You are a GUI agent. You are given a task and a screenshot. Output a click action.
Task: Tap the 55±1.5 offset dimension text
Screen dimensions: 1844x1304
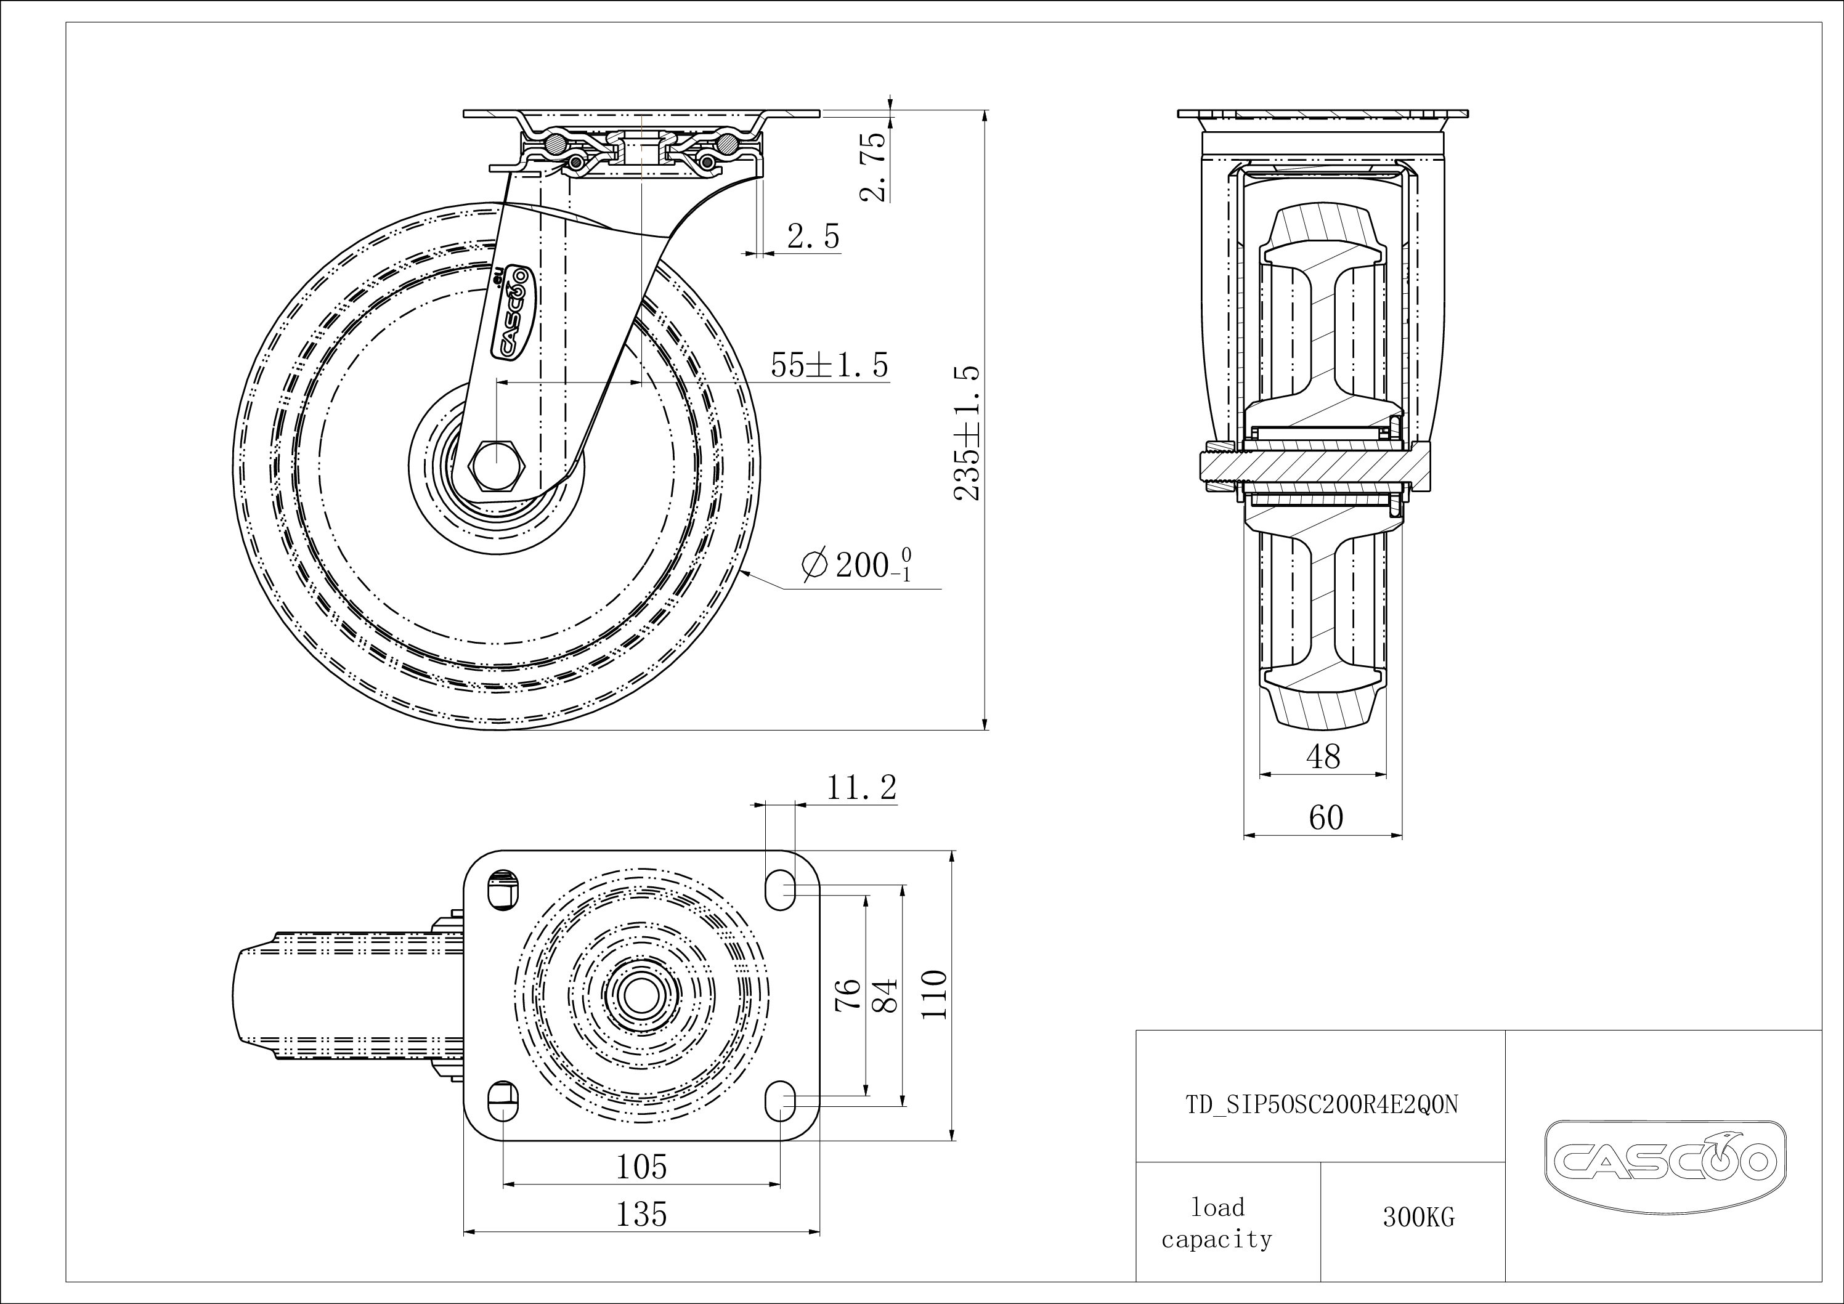(x=830, y=365)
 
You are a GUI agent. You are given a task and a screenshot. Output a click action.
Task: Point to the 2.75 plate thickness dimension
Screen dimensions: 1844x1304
(x=873, y=166)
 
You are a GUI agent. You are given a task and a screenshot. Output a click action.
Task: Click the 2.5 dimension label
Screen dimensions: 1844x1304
(x=813, y=237)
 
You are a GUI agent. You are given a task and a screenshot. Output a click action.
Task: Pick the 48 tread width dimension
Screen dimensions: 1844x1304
(x=1323, y=756)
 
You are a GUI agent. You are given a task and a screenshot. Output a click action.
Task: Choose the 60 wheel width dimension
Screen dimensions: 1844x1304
(x=1325, y=817)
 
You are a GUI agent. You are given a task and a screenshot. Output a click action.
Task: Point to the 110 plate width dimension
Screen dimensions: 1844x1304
(x=935, y=995)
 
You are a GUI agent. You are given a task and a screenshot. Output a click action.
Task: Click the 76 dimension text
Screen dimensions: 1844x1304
(x=848, y=995)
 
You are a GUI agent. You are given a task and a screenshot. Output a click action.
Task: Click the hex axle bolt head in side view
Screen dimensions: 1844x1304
(x=497, y=465)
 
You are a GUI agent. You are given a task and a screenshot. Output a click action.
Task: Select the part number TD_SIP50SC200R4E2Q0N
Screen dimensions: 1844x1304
(x=1321, y=1106)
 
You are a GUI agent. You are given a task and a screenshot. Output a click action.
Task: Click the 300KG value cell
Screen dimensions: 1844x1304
(x=1418, y=1217)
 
